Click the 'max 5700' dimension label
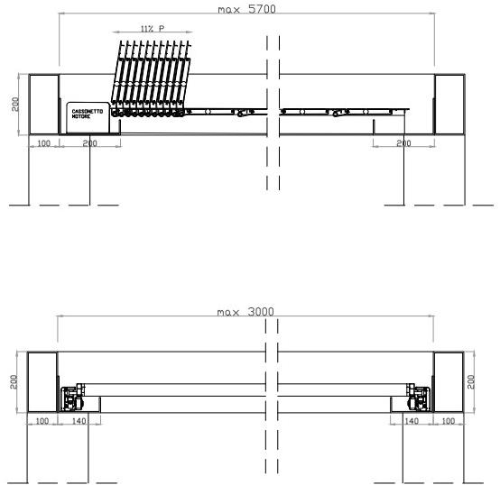(x=246, y=9)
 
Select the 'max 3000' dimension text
(x=245, y=311)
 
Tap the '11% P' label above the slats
(x=153, y=29)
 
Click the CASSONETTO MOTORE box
(x=88, y=117)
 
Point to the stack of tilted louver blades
(x=151, y=78)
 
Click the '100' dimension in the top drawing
(x=44, y=143)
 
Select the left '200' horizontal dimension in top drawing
(x=89, y=143)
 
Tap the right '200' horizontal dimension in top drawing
(x=403, y=143)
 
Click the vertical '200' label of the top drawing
(x=15, y=105)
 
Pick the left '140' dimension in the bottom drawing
(x=79, y=421)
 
